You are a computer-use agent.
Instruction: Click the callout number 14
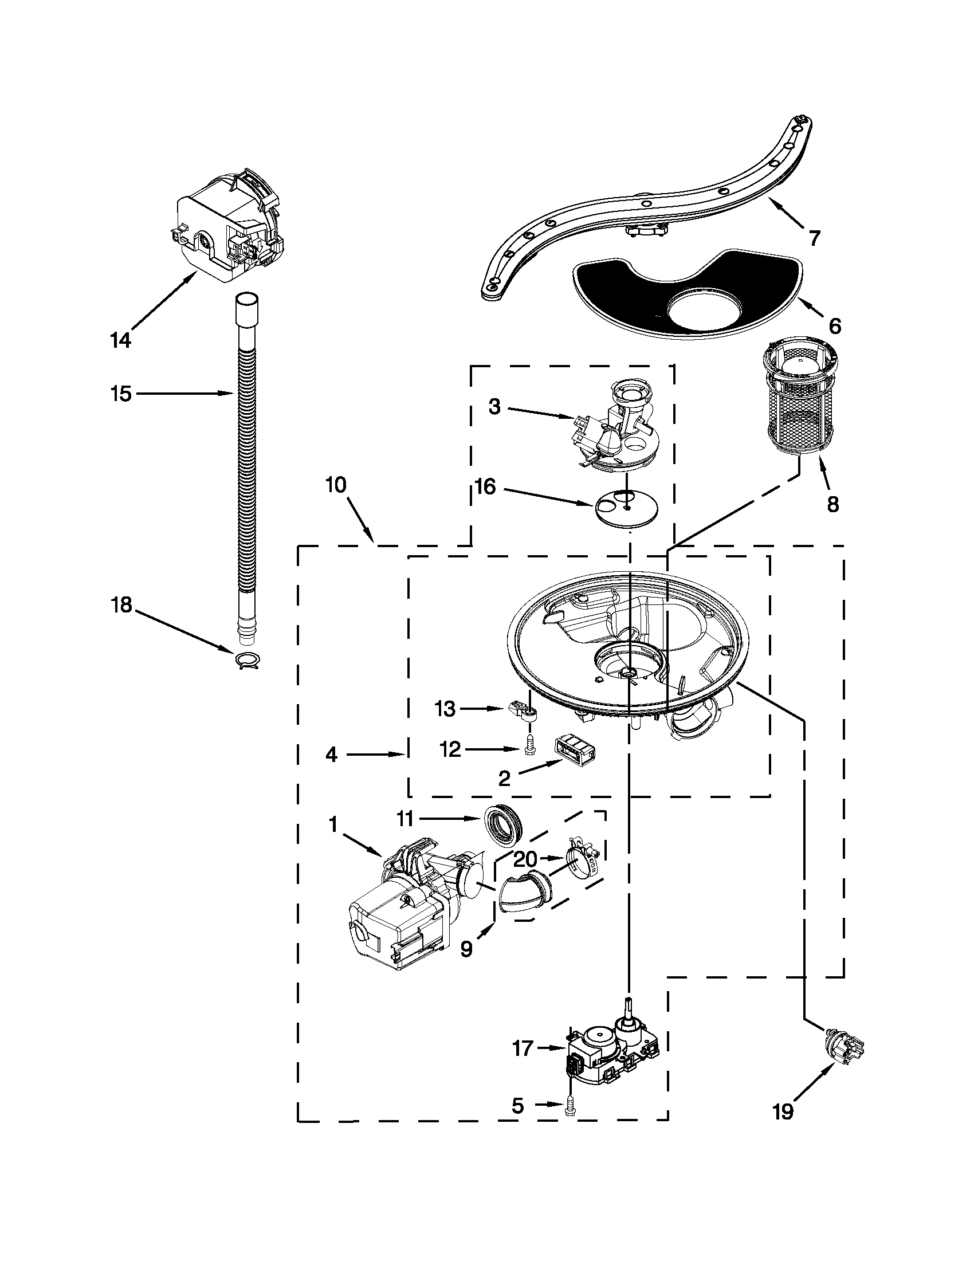121,340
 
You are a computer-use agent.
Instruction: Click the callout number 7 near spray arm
814,238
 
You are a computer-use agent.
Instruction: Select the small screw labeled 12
529,749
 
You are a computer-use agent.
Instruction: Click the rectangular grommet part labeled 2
575,750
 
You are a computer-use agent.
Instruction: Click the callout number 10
335,485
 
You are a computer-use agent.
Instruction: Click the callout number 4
331,755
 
